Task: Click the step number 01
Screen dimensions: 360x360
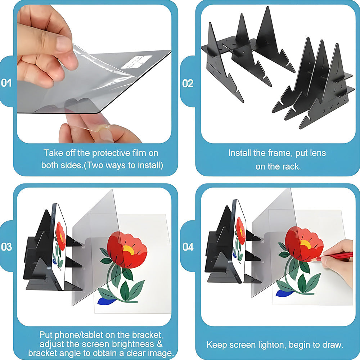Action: click(6, 83)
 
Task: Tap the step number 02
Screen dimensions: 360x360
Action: click(188, 84)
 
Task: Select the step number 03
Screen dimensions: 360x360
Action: click(6, 247)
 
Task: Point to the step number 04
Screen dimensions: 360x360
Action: click(188, 247)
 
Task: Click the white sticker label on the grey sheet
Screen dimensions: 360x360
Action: click(137, 62)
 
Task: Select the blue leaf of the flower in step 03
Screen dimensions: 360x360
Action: click(107, 301)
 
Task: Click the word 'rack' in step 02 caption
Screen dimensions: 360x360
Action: click(292, 166)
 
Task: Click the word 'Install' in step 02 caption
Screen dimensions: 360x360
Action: click(240, 153)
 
